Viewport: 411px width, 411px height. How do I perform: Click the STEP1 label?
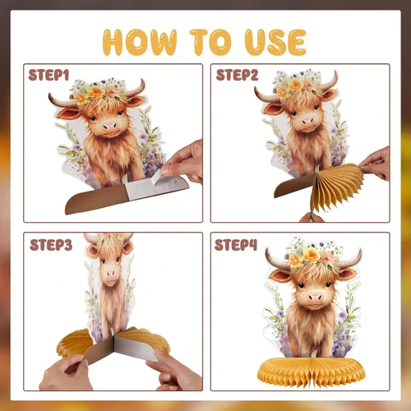[48, 75]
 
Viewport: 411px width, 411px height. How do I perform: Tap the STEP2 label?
[237, 75]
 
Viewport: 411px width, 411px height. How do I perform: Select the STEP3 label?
[51, 245]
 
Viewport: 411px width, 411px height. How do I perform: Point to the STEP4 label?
[236, 245]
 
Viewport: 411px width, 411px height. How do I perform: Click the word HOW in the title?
[140, 43]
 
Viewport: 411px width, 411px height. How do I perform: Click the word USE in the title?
[275, 43]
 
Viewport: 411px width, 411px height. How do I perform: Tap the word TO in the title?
[211, 43]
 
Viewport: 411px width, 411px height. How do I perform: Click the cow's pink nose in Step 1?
[110, 126]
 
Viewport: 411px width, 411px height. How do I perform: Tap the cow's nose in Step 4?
[315, 297]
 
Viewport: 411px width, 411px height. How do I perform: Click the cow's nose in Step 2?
[307, 120]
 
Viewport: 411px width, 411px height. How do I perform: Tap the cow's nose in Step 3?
[111, 273]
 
